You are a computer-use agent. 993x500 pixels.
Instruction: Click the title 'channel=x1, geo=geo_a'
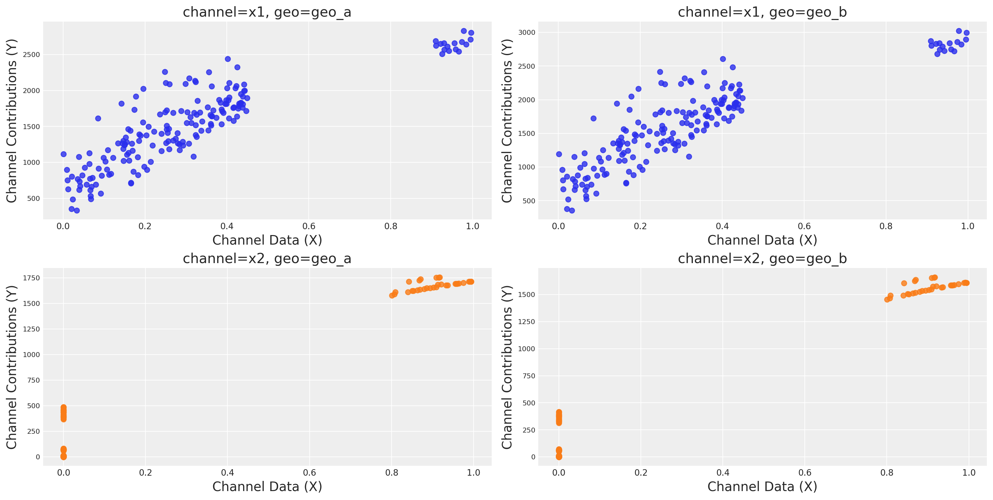(x=267, y=12)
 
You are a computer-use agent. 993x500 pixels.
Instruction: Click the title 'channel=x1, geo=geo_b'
(x=762, y=12)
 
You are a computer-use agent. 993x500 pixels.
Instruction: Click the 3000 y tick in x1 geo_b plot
(x=527, y=33)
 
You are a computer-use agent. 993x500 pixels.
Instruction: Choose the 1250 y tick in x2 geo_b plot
(x=527, y=322)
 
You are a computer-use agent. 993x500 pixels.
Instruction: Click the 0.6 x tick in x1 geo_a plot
(x=309, y=226)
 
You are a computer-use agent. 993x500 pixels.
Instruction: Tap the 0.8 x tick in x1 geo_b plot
(x=886, y=226)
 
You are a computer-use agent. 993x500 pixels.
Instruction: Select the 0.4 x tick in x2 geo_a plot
(x=227, y=473)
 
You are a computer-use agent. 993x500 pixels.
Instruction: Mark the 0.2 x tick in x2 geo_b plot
(x=641, y=473)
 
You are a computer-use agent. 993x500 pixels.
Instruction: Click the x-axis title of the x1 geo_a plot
(x=267, y=240)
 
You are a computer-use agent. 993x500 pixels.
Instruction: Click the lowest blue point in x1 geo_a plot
(x=77, y=210)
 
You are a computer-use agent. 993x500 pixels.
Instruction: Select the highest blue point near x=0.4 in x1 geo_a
(x=228, y=59)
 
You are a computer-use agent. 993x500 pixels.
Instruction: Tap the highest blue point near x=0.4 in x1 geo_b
(x=723, y=59)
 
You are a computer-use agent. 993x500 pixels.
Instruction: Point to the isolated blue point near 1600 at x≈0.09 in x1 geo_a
(x=98, y=118)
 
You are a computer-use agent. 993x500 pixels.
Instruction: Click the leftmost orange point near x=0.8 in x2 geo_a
(x=392, y=296)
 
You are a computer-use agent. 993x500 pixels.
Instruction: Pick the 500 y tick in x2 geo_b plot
(x=529, y=403)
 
